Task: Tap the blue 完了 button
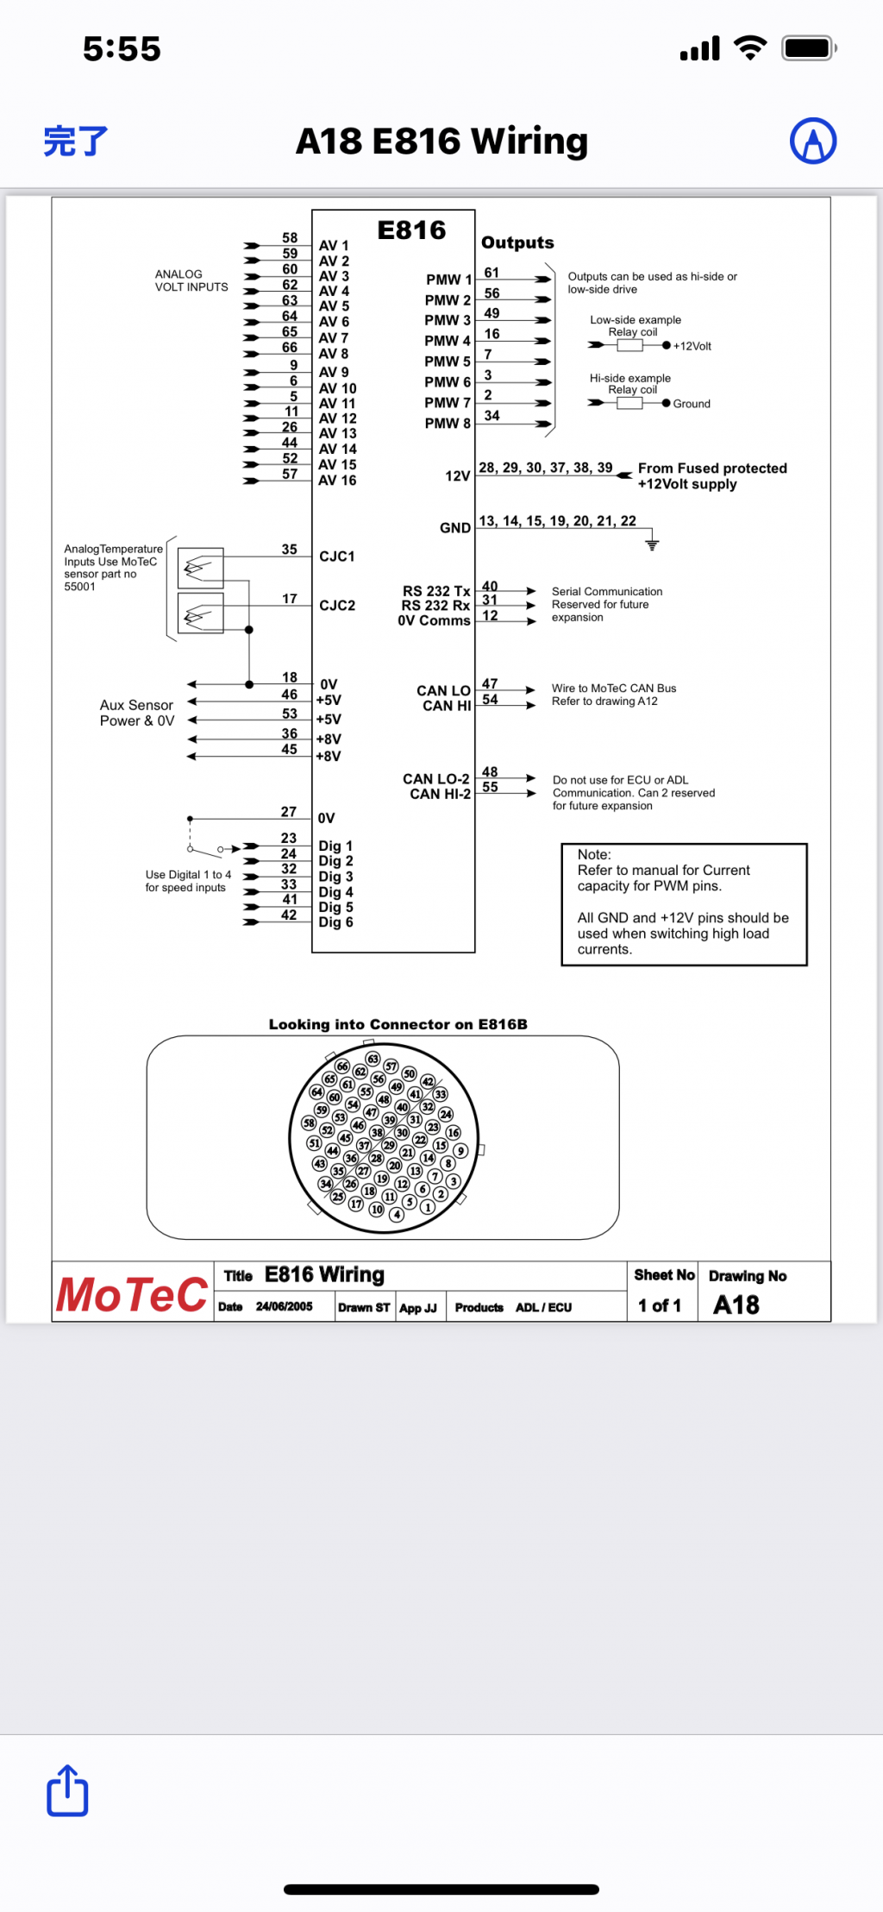76,141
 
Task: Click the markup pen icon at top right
812,141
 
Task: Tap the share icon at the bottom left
67,1790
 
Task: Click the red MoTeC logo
132,1294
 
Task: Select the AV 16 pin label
337,481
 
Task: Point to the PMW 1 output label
448,280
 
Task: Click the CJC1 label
337,557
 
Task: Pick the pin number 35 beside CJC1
290,550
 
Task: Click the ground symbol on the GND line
652,544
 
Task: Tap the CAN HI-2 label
440,794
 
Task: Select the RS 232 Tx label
436,591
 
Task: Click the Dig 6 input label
335,922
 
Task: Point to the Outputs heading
517,242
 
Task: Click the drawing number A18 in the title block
736,1305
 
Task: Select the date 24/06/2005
284,1307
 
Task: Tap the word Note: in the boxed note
594,854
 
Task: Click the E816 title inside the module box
411,230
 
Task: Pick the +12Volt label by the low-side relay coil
692,346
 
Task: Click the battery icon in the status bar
809,48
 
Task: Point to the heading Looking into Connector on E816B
398,1024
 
